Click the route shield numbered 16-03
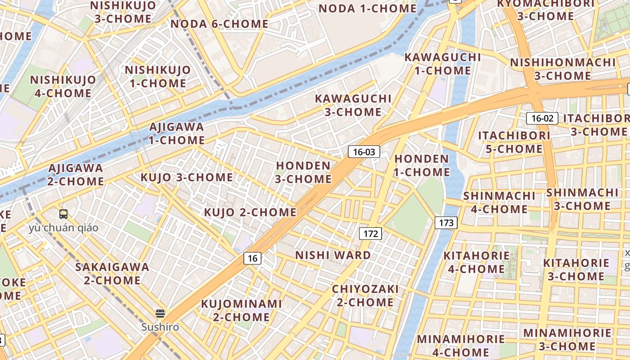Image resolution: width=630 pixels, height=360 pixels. point(364,152)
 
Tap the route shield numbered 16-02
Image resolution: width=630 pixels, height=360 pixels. point(542,118)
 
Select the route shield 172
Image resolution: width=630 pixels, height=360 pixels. point(370,234)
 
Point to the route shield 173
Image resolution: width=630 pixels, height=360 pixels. point(446,222)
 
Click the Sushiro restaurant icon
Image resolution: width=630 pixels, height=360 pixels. point(160,314)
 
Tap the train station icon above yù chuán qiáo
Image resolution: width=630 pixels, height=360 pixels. point(63,214)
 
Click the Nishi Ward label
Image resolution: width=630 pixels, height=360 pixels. point(333,255)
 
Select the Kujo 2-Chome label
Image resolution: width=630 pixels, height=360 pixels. point(250,212)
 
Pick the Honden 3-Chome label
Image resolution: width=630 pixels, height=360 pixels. point(303,172)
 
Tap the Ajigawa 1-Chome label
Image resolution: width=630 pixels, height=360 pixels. point(177,133)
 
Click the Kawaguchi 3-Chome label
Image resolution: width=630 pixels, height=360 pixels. point(353,105)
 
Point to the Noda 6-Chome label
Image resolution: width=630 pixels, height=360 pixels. point(220,24)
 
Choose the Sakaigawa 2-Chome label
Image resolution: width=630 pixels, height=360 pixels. point(112,273)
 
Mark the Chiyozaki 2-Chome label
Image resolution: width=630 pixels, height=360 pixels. point(365,295)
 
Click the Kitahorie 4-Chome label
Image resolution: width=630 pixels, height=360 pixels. point(477,262)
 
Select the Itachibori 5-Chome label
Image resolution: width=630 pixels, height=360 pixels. point(514,142)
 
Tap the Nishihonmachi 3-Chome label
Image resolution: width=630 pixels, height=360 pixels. point(562,69)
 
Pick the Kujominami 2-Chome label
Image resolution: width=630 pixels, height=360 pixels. point(241,310)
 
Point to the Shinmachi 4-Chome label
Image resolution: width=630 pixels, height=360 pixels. point(499,202)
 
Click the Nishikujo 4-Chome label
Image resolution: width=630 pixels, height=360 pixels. point(63,86)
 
